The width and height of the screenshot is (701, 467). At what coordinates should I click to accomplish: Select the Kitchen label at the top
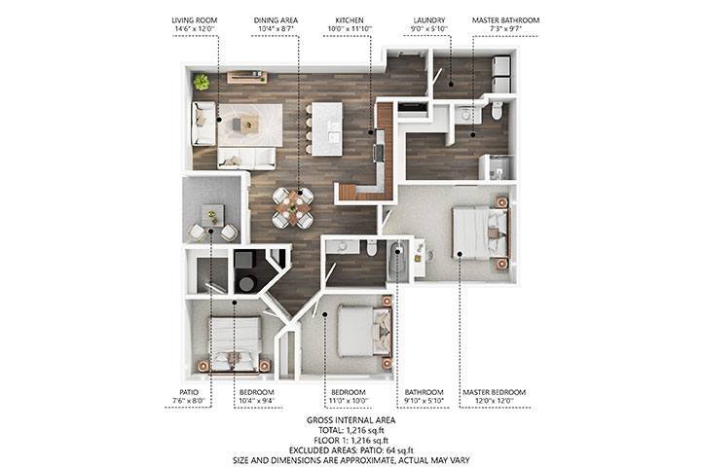coord(350,19)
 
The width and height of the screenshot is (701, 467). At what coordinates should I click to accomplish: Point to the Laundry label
coord(428,19)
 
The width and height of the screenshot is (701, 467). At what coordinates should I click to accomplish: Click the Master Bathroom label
coord(505,19)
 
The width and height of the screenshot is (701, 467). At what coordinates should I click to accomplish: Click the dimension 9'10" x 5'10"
coord(424,401)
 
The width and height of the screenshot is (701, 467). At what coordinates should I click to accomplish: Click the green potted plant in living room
coord(202,81)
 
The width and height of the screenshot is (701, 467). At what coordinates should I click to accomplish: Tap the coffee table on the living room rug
coord(250,123)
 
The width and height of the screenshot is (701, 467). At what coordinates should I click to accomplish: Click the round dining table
coord(293,203)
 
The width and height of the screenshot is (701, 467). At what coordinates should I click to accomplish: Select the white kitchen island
coord(327,127)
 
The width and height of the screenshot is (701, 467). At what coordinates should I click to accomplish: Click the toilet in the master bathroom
coord(497,109)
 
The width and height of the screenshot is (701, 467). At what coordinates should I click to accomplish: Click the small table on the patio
coord(213,214)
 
